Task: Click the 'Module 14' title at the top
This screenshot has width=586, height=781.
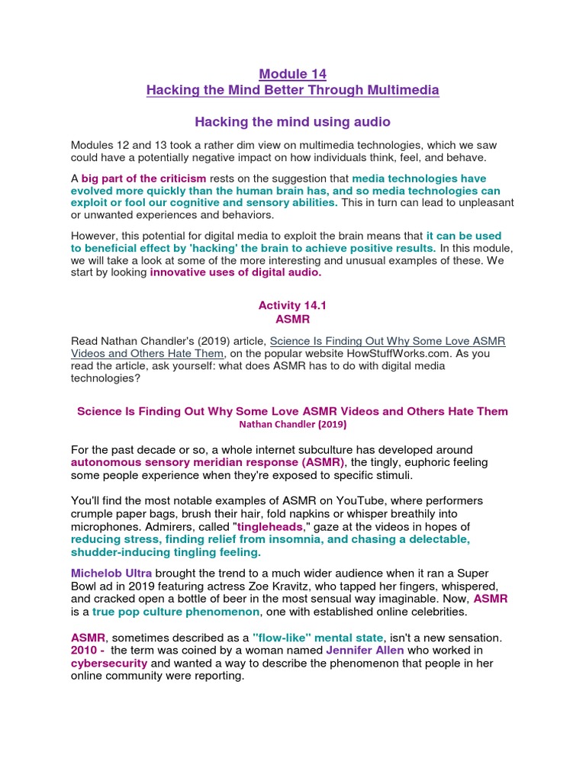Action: click(x=292, y=74)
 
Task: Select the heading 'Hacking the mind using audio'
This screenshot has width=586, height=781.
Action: click(x=292, y=121)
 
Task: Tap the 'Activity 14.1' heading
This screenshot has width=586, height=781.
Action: click(x=292, y=305)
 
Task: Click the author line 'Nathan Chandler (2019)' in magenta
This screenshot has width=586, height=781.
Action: click(x=292, y=424)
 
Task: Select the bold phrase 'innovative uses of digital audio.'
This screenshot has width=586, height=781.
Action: click(x=236, y=272)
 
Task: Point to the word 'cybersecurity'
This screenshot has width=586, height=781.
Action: click(x=108, y=663)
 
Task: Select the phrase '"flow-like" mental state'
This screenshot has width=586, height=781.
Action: click(x=320, y=637)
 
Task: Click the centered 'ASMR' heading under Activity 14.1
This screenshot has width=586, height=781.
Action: click(x=292, y=319)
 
